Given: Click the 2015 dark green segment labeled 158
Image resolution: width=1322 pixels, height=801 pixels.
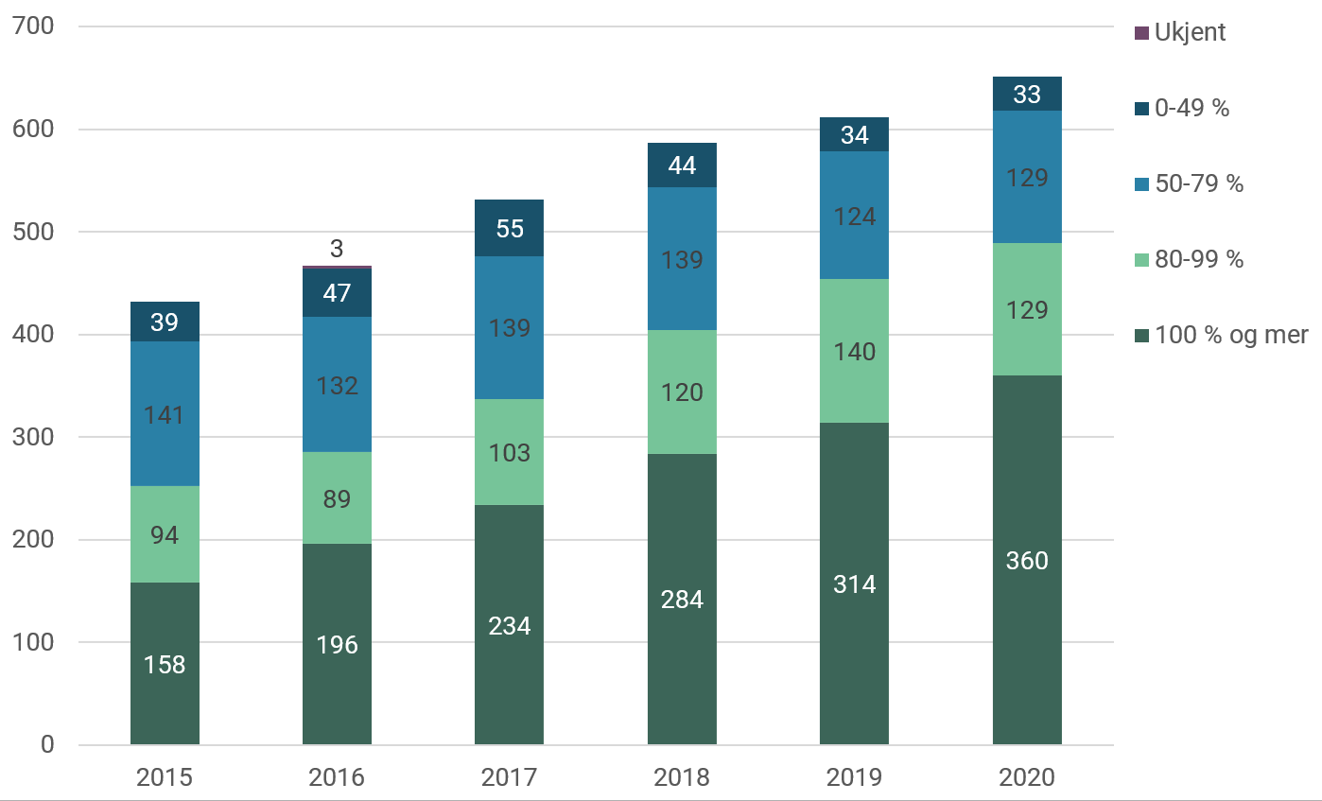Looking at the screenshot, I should coord(165,664).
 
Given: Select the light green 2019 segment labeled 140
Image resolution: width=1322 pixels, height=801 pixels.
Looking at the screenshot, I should coord(854,352).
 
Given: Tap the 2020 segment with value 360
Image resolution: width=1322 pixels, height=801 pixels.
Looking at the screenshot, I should coord(1027,560).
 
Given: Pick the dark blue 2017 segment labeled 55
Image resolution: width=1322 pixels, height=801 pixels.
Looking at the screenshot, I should coord(509,228).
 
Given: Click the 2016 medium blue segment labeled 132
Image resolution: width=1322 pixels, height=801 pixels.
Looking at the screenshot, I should coord(337,385).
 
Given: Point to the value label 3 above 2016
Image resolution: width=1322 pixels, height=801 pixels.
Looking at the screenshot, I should coord(337,249).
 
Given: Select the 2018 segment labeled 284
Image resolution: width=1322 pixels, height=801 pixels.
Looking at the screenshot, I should coord(682,599).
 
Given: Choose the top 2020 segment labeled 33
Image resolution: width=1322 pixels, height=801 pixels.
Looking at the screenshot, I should coord(1027,94).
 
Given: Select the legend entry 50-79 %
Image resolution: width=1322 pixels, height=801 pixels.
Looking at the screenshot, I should coord(1196,183).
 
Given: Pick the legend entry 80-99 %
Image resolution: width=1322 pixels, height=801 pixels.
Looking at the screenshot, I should coord(1196,259).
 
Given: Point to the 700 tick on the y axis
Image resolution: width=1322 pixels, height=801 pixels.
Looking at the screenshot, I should coord(34,26).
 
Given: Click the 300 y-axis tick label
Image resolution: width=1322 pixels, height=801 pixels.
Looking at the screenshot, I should coord(34,437).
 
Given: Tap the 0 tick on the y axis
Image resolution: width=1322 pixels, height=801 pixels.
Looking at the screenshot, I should coord(47,745).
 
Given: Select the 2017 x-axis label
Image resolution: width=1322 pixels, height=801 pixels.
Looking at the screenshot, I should coord(509,777).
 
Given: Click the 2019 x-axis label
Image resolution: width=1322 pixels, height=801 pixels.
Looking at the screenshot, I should coord(854,777).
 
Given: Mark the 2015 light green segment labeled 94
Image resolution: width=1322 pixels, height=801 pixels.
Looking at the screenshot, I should coord(165,535).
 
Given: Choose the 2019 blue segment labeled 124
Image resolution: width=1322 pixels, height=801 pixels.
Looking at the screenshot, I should coord(854,216).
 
